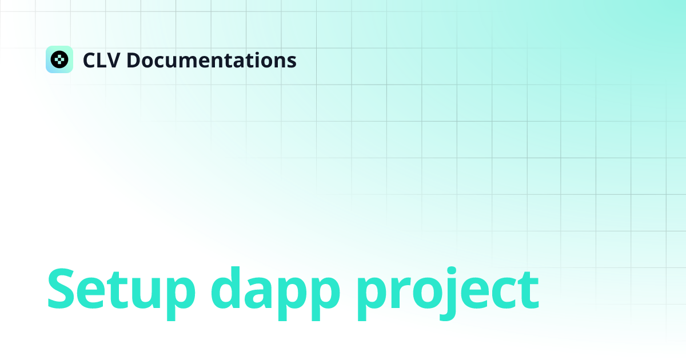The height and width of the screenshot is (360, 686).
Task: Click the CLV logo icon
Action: pos(59,59)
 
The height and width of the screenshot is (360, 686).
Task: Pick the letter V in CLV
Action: pos(113,60)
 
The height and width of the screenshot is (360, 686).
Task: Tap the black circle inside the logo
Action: pos(59,59)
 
